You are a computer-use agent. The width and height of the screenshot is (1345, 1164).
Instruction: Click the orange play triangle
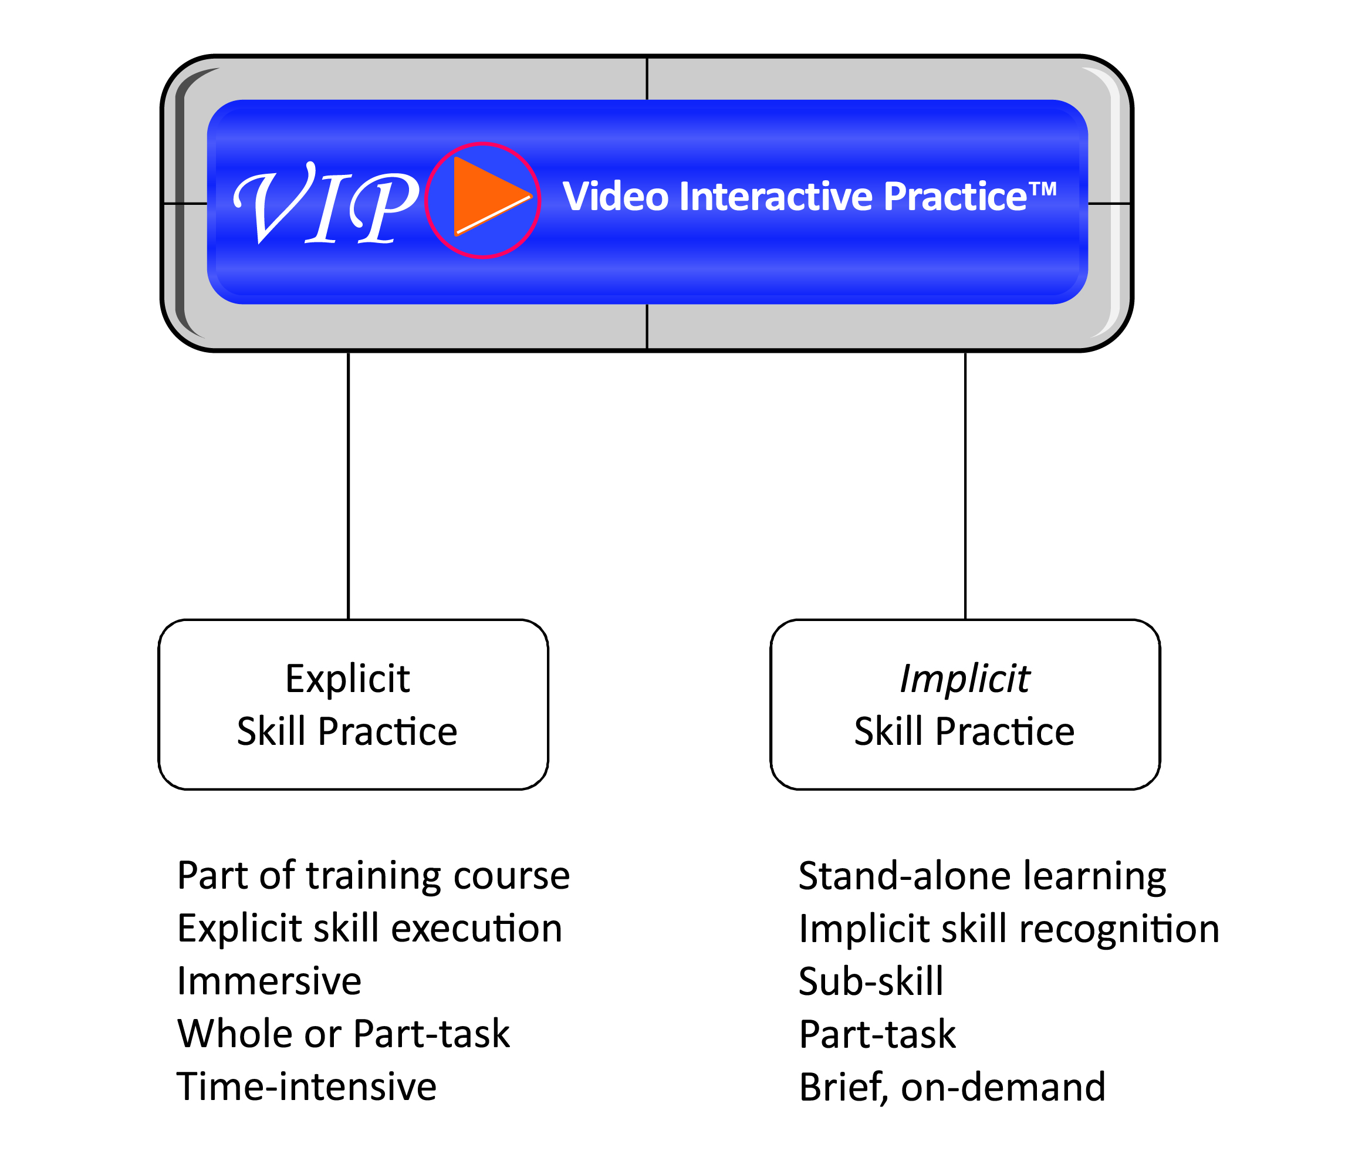point(488,196)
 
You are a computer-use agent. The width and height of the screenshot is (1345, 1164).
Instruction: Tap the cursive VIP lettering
point(326,203)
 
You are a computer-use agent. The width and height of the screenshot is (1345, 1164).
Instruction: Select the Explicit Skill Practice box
point(353,705)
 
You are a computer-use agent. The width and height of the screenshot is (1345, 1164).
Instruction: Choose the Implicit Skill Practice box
point(965,705)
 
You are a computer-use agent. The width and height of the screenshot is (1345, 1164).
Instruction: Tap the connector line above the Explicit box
point(349,486)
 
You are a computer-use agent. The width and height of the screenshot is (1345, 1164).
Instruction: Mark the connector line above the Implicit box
point(966,486)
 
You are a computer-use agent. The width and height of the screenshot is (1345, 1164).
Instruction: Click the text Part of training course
point(373,876)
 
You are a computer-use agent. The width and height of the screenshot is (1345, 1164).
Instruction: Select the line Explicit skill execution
point(370,929)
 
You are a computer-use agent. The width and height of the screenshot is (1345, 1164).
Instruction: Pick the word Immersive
point(269,981)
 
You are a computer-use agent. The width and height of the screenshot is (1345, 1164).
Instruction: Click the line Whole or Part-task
point(343,1034)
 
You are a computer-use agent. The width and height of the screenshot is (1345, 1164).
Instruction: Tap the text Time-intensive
point(306,1087)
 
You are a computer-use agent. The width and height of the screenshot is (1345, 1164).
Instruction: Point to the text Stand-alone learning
point(982,877)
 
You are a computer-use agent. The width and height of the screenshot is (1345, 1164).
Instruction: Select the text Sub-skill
point(871,981)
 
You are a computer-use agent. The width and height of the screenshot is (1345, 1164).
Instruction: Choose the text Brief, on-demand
point(952,1087)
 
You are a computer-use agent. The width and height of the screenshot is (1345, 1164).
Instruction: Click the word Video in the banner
point(616,196)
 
